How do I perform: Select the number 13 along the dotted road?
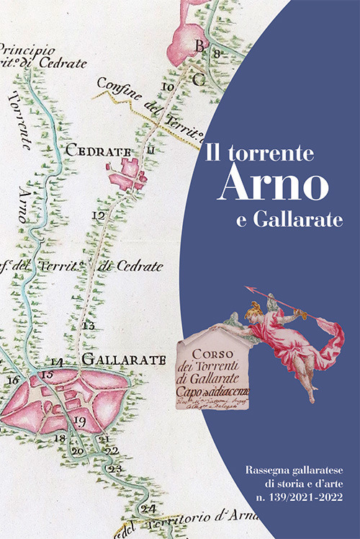coord(89,326)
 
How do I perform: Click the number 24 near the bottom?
coord(149,509)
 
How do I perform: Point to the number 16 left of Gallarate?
coord(12,380)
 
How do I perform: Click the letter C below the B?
coord(199,80)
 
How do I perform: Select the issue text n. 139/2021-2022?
coord(294,497)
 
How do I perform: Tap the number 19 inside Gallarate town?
coord(80,420)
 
